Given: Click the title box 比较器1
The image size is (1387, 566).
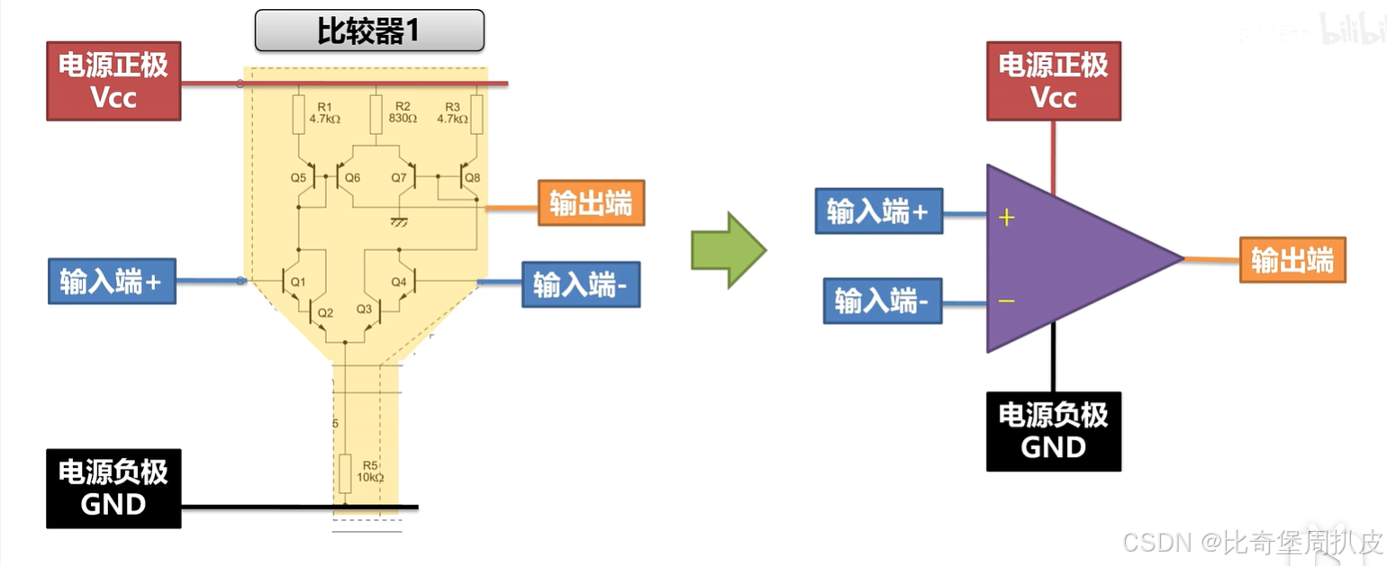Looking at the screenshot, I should click(369, 31).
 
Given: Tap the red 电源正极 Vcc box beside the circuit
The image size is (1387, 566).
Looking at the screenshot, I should click(113, 81).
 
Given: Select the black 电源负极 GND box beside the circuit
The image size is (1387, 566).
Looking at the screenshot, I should click(113, 488).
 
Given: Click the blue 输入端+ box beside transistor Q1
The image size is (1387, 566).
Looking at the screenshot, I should click(111, 281).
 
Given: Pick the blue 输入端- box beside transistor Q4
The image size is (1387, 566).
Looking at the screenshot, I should click(580, 284).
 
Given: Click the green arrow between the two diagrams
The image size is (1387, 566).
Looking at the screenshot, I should click(728, 250).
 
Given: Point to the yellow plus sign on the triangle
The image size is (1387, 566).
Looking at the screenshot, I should click(1007, 217).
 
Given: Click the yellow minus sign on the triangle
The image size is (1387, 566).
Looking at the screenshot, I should click(1006, 301).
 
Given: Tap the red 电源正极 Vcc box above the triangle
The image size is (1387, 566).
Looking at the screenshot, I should click(1053, 81).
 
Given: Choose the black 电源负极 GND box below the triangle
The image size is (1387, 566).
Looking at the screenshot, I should click(1053, 431).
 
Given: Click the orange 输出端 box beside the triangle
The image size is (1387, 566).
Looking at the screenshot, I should click(1292, 260).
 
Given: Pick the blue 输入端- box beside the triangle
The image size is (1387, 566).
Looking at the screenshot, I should click(882, 301).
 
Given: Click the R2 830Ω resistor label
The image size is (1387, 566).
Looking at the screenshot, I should click(403, 112).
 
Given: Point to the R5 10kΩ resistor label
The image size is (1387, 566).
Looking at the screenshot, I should click(369, 471).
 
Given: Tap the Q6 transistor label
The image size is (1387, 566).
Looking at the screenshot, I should click(352, 177).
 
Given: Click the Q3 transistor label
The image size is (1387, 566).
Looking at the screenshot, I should click(364, 309).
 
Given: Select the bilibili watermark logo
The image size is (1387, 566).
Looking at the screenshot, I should click(1351, 30).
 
